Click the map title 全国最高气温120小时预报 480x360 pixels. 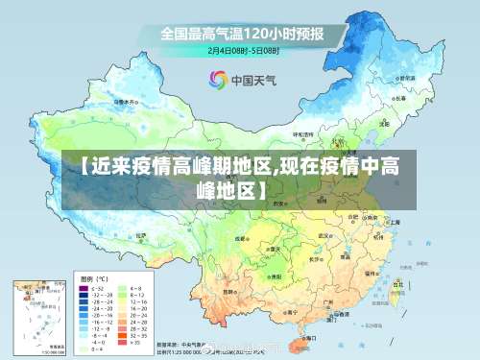(x=241, y=34)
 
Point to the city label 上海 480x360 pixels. (x=396, y=221)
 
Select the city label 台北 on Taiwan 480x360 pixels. (x=398, y=284)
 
